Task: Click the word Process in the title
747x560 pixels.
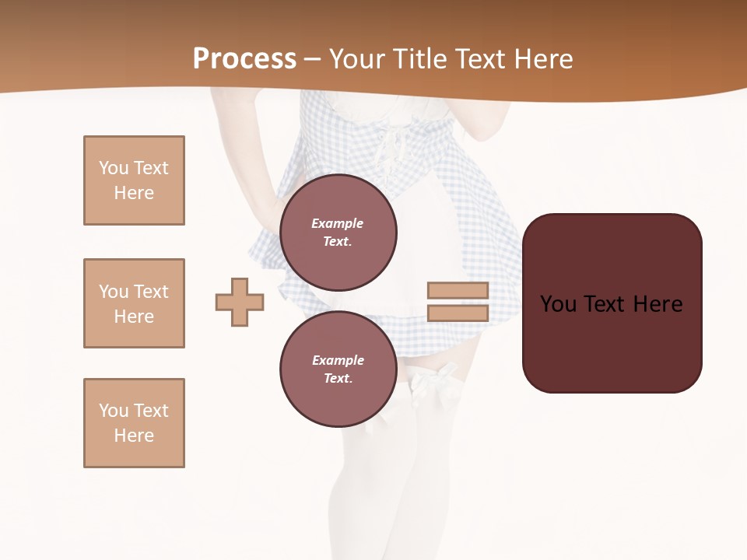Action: [x=244, y=59]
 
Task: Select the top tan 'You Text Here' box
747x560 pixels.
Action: [x=134, y=180]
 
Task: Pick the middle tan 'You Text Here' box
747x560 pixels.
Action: [x=134, y=303]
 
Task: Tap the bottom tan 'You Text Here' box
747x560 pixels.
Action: [x=134, y=422]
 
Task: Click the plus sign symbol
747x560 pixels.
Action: [x=240, y=302]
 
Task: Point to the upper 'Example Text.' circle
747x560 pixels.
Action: [x=338, y=232]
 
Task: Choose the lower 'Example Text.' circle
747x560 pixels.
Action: [x=338, y=369]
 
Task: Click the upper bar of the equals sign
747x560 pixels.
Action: [x=458, y=290]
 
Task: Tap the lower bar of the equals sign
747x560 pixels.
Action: [x=458, y=313]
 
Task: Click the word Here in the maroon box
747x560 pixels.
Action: [x=658, y=304]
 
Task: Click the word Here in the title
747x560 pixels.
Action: [x=545, y=59]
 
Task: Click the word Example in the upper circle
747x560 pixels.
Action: [x=338, y=223]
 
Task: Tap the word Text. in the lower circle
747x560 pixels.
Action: [x=338, y=378]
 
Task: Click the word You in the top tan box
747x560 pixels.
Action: [x=114, y=168]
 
